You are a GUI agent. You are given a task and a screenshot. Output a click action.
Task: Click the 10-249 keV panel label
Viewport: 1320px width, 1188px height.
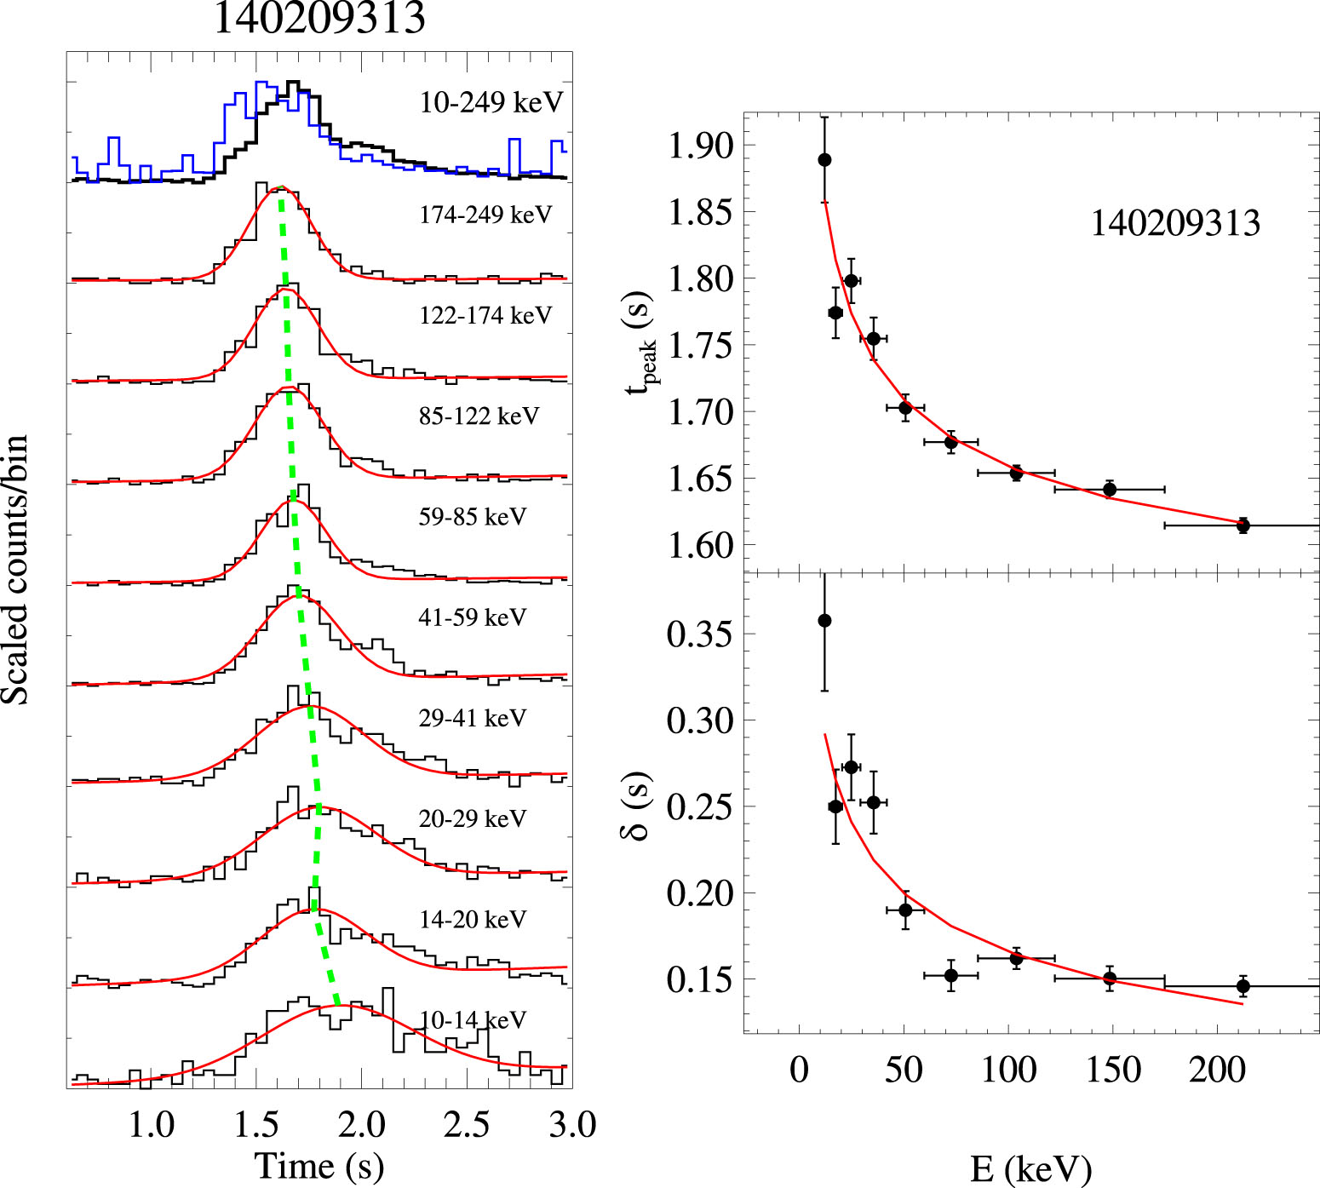click(x=491, y=102)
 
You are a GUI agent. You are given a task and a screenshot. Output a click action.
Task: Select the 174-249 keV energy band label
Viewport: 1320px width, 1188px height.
click(x=485, y=215)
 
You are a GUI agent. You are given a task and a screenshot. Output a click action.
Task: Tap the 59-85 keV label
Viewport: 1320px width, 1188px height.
click(x=473, y=517)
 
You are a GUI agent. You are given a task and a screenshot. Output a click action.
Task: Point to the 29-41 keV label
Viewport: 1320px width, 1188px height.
click(x=473, y=718)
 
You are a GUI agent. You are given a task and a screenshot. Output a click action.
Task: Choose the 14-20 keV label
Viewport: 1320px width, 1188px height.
click(x=473, y=920)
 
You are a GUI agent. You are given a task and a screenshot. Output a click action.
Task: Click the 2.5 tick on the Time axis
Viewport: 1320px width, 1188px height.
click(x=467, y=1125)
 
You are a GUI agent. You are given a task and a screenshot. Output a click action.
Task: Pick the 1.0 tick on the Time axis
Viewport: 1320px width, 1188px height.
click(x=152, y=1125)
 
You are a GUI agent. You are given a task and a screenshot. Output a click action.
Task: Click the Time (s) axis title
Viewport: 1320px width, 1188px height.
click(x=319, y=1166)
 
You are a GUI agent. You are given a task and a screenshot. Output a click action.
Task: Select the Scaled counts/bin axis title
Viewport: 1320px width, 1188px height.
click(x=16, y=570)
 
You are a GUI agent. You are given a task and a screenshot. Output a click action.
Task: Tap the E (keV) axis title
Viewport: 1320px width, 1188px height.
click(x=1030, y=1169)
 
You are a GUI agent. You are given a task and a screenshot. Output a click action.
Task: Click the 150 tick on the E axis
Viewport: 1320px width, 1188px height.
click(x=1113, y=1070)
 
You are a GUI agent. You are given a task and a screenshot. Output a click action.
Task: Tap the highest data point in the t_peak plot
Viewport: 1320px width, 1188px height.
click(x=824, y=160)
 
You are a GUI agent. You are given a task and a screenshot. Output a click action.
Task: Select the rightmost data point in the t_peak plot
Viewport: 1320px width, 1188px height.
click(x=1243, y=525)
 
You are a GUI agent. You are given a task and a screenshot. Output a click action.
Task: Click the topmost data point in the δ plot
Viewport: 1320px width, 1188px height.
click(x=824, y=621)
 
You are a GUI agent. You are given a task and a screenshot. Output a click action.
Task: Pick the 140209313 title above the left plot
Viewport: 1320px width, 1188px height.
click(x=319, y=19)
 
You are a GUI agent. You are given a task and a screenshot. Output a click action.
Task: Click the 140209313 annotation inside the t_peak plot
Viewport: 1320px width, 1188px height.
click(x=1175, y=223)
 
